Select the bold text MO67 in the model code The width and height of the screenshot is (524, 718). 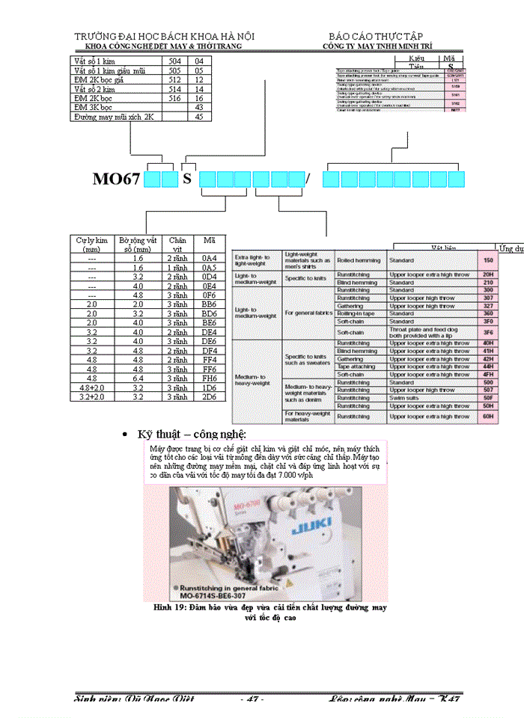(117, 179)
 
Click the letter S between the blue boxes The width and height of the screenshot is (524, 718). (187, 179)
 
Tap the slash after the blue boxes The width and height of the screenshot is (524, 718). (308, 179)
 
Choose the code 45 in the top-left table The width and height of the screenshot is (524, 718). (199, 117)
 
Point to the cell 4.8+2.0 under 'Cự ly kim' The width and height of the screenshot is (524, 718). (92, 388)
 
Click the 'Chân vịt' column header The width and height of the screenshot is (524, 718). (177, 245)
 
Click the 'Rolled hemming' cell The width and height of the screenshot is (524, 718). (356, 260)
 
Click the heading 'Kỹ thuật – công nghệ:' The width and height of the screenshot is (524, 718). (192, 435)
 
